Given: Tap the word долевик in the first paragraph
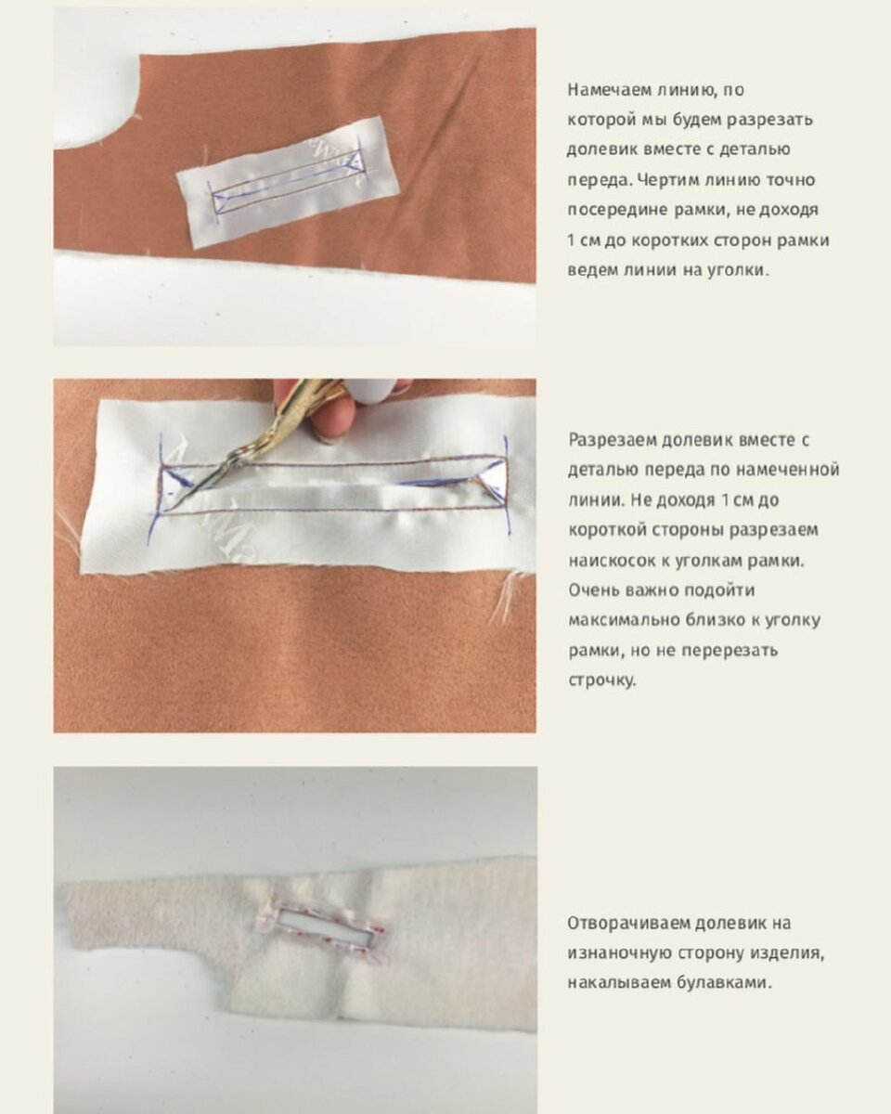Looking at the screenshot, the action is (x=601, y=149).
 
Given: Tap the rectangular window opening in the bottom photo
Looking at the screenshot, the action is (x=325, y=924).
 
